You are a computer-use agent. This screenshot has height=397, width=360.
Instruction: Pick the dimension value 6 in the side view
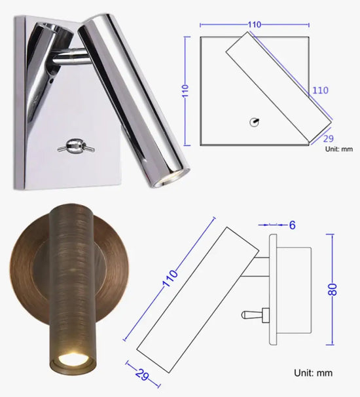pyautogui.click(x=292, y=225)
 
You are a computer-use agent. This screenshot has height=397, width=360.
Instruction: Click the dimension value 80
pyautogui.click(x=334, y=289)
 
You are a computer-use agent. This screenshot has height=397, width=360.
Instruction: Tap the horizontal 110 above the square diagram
pyautogui.click(x=255, y=24)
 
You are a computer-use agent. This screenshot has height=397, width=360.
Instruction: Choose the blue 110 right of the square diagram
pyautogui.click(x=320, y=90)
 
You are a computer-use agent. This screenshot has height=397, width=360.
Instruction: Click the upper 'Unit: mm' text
pyautogui.click(x=340, y=149)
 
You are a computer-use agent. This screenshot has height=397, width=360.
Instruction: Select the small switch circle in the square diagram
pyautogui.click(x=255, y=121)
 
